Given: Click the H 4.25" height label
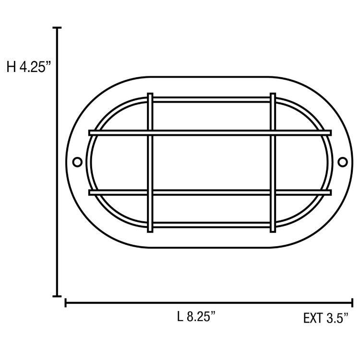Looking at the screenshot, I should (29, 67).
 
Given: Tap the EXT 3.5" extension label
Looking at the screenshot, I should (325, 318).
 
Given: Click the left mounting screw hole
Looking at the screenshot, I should (77, 162).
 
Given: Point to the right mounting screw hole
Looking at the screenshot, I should (342, 162).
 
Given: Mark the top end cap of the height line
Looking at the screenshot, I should (59, 28).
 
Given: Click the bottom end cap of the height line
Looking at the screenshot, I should (59, 296).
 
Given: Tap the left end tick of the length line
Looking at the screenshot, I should (66, 303).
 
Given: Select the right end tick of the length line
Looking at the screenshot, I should (353, 303).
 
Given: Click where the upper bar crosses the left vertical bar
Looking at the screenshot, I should (150, 132).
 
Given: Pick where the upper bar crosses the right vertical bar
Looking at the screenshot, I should (273, 132).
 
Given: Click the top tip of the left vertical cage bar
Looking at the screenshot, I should (150, 94).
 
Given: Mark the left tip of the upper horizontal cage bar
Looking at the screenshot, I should (90, 132).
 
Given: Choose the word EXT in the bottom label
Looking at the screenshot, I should (312, 318).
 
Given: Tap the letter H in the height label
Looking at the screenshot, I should (11, 67).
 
